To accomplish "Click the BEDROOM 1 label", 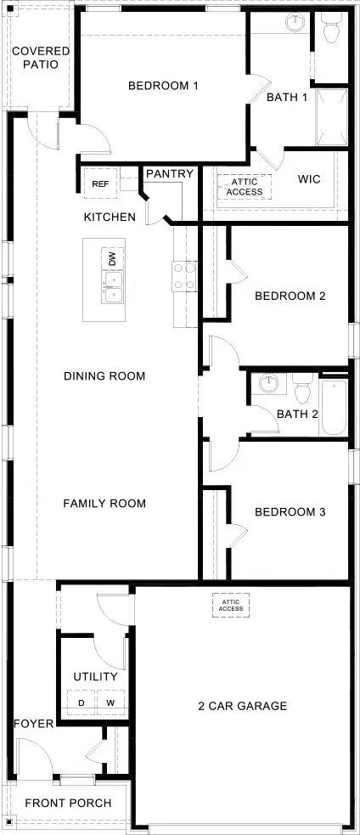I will pos(163,85).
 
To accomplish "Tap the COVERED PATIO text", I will pos(41,58).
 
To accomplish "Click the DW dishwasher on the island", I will pos(112,257).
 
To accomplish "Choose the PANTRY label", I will pos(170,174).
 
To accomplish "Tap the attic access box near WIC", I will pos(245,186).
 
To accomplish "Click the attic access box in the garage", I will pos(230,605).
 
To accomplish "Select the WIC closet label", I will pos(308,179).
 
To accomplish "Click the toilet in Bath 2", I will pos(301,392).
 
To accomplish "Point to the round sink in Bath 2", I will pos(269,384).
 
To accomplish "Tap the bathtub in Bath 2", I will pos(334,409).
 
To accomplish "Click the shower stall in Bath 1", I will pos(331,117).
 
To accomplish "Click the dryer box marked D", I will pos(82,702).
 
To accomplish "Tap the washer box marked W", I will pos(110,702).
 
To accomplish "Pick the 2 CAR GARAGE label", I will pos(243,706).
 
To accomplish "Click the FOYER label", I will pos(34,724).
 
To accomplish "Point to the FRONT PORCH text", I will pos(65,803).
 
